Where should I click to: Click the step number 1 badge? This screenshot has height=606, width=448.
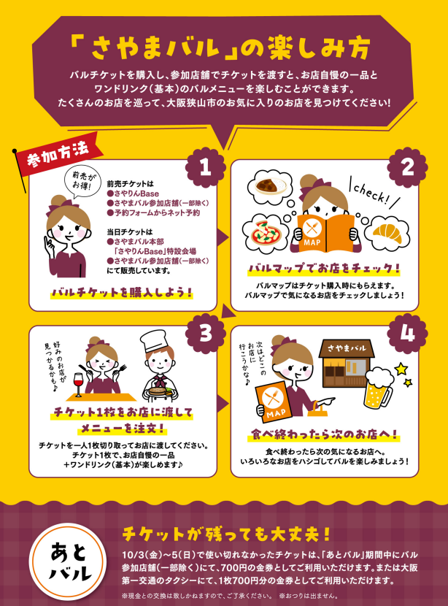206,167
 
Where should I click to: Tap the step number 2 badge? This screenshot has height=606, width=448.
407,167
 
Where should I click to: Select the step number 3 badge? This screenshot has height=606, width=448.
206,332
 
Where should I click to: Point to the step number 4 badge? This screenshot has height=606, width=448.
407,332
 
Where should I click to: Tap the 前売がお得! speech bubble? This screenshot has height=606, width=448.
82,181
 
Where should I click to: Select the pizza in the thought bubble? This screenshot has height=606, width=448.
266,232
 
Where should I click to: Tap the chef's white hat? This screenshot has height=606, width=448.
153,340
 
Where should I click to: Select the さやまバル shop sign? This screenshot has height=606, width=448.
347,348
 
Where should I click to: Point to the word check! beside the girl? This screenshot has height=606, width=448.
374,193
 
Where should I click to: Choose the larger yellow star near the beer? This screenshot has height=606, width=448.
401,369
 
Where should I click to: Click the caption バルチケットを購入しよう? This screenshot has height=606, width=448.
123,293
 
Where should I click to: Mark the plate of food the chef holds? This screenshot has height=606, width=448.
160,392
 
